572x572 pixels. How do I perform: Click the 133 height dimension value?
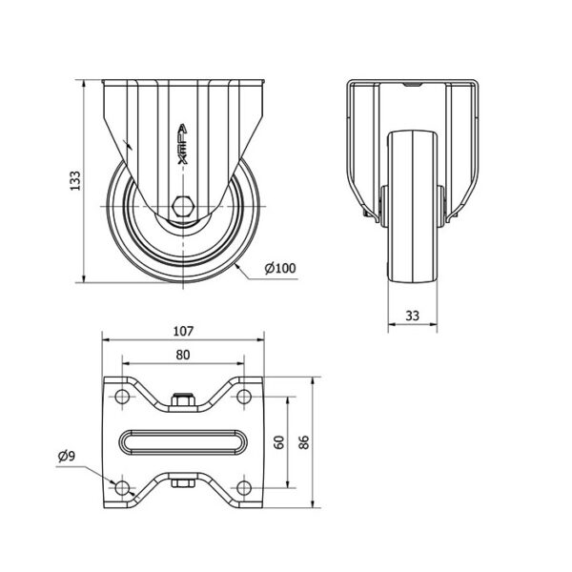coord(75,180)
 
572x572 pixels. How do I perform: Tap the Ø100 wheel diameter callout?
coord(280,269)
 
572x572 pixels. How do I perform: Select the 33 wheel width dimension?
coord(412,316)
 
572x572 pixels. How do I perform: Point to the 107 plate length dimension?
coord(183,331)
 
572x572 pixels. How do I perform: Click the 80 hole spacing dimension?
coord(183,355)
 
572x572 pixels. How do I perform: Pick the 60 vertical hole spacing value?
coord(279,442)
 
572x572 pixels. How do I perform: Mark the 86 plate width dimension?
coord(304,442)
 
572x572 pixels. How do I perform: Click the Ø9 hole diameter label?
coord(67,456)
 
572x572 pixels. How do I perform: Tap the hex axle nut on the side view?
coord(183,207)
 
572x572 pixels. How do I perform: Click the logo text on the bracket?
coord(183,144)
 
